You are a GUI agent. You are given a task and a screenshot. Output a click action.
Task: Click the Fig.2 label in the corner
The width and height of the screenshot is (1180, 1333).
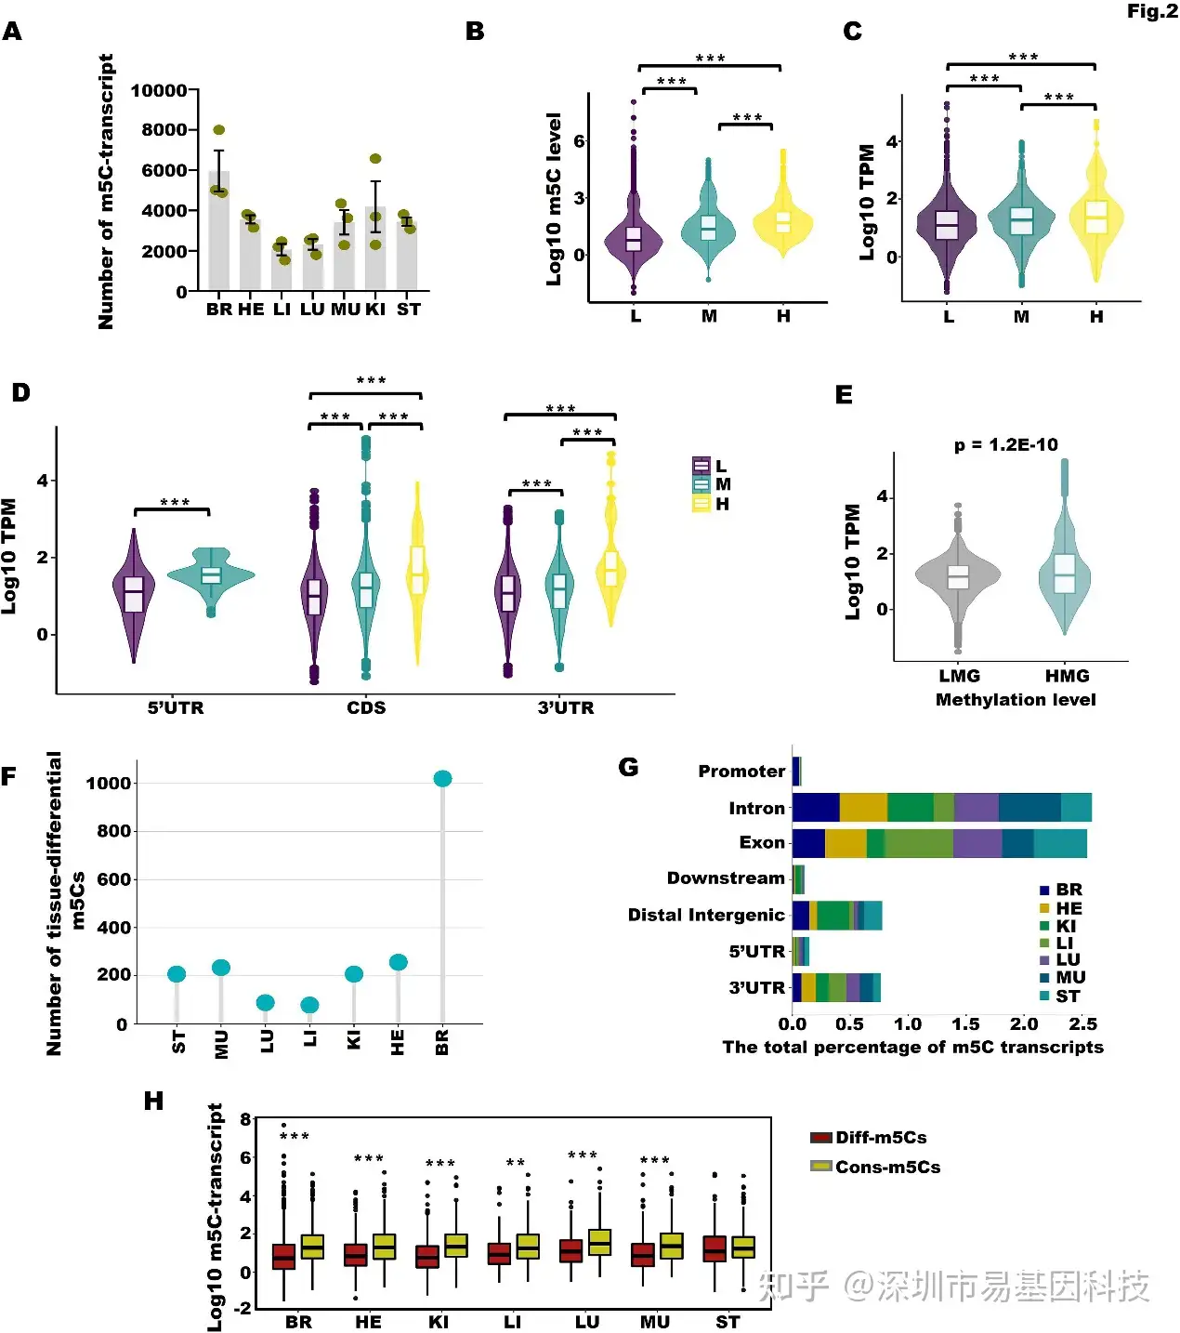pyautogui.click(x=1152, y=11)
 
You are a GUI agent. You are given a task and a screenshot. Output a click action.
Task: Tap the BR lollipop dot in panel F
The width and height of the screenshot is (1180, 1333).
pyautogui.click(x=442, y=778)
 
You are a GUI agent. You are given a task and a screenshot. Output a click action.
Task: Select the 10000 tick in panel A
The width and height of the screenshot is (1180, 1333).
pyautogui.click(x=159, y=90)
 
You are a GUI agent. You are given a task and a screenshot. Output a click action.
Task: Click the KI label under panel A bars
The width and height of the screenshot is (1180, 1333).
pyautogui.click(x=374, y=309)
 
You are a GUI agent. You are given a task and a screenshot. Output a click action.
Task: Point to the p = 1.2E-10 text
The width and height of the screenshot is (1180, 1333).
pyautogui.click(x=1005, y=444)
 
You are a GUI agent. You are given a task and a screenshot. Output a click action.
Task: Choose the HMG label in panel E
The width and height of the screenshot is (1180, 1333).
pyautogui.click(x=1067, y=676)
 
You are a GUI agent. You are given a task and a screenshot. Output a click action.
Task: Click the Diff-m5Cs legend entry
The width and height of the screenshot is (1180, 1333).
pyautogui.click(x=869, y=1138)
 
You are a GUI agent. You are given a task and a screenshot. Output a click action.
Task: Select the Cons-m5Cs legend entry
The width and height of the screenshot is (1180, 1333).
pyautogui.click(x=875, y=1167)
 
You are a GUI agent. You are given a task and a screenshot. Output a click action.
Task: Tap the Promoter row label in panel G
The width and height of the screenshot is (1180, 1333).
pyautogui.click(x=741, y=772)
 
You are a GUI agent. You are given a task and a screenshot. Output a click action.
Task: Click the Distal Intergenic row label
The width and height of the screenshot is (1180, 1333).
pyautogui.click(x=706, y=915)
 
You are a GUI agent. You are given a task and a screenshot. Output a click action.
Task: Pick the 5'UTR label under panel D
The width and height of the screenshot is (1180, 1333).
pyautogui.click(x=176, y=707)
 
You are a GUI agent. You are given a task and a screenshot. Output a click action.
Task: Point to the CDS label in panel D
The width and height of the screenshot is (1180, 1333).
pyautogui.click(x=366, y=707)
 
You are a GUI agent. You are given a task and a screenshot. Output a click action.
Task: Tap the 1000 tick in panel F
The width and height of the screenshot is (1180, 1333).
pyautogui.click(x=108, y=783)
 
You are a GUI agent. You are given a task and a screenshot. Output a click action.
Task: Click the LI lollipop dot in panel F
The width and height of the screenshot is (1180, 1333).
pyautogui.click(x=309, y=1005)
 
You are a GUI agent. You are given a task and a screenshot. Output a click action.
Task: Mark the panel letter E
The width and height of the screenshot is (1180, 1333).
pyautogui.click(x=844, y=395)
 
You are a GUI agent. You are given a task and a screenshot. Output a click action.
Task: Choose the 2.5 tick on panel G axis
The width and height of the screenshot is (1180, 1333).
pyautogui.click(x=1082, y=1024)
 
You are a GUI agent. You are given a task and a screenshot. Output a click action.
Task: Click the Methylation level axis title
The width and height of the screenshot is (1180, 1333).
pyautogui.click(x=1016, y=700)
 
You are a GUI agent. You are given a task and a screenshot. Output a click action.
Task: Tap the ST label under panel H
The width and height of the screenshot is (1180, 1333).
pyautogui.click(x=728, y=1322)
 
